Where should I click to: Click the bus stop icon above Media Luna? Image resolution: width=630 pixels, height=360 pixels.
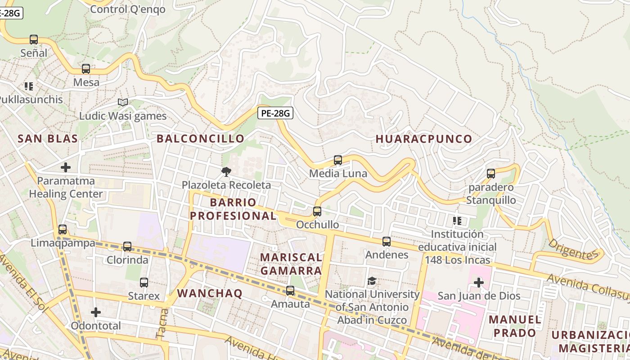coord(337,160)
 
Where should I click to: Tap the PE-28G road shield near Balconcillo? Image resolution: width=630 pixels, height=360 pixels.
coord(275,113)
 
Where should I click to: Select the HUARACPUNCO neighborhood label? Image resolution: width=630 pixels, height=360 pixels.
coord(423,139)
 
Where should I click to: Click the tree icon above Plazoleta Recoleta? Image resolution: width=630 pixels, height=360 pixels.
coord(226,171)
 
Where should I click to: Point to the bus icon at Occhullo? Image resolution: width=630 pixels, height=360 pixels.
coord(317,211)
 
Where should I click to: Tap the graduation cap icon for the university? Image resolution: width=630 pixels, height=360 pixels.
coord(372,281)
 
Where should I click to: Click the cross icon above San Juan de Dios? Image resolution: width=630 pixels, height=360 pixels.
coord(479,283)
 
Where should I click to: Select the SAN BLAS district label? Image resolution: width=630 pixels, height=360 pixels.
coord(48,139)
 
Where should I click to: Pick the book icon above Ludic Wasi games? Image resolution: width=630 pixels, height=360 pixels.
coord(123,103)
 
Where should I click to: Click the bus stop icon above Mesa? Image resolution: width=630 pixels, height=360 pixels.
coord(86,69)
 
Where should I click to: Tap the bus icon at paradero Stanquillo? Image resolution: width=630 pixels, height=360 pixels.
coord(491,174)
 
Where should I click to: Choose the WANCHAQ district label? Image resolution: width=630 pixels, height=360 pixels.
coord(210,293)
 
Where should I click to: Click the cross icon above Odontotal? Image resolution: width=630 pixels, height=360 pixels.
coord(96,312)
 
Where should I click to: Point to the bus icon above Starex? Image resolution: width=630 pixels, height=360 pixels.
coord(144,283)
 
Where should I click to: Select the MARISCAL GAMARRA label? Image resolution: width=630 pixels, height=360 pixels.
coord(291,264)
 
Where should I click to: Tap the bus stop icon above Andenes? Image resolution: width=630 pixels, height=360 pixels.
coord(387,242)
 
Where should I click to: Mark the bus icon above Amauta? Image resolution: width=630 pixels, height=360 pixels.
coord(290,291)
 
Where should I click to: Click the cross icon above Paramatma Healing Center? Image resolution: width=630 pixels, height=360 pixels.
coord(66,168)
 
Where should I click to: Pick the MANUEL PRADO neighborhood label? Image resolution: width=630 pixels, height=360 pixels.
coord(515,326)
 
